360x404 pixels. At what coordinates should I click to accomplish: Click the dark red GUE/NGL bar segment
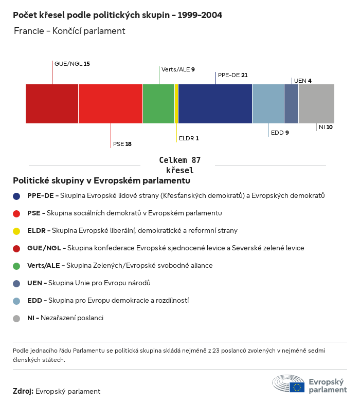[x=52, y=104]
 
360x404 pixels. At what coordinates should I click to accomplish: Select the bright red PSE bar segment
[x=111, y=104]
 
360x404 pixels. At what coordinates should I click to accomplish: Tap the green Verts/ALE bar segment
[x=158, y=104]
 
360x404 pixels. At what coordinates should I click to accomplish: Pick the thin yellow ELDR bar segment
[x=176, y=104]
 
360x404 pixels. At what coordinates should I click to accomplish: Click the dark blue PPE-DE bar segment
[x=215, y=104]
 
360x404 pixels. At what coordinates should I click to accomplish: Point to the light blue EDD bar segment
[x=268, y=104]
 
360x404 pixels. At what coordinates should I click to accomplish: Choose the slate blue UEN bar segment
[x=292, y=104]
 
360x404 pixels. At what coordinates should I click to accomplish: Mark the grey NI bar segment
[x=316, y=104]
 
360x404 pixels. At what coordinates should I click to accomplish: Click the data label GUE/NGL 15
[x=72, y=64]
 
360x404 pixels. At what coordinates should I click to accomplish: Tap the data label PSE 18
[x=122, y=144]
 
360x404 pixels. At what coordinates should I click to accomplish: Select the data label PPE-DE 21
[x=233, y=75]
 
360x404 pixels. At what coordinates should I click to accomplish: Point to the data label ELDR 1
[x=189, y=138]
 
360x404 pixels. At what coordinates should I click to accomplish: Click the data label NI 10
[x=326, y=127]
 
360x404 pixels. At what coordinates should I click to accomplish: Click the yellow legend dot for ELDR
[x=16, y=231]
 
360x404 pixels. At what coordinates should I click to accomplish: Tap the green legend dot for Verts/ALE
[x=16, y=266]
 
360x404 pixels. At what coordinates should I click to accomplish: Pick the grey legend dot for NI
[x=16, y=319]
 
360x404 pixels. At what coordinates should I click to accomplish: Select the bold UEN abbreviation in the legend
[x=34, y=283]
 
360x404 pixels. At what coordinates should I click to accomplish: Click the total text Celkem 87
[x=179, y=160]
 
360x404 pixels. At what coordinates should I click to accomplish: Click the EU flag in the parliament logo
[x=297, y=387]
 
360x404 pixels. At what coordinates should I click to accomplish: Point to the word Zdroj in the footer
[x=23, y=391]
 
